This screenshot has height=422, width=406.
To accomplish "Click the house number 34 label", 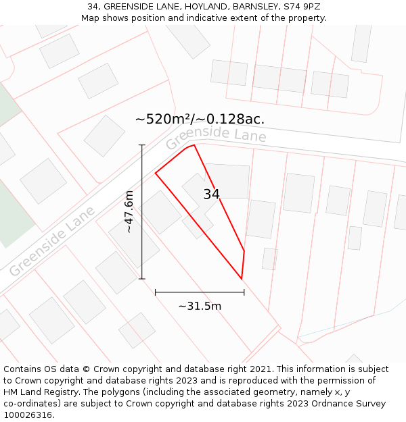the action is [211, 194].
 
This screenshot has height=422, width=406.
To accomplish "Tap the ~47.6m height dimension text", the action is [129, 212].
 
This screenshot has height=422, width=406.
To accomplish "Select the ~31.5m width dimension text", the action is [200, 306].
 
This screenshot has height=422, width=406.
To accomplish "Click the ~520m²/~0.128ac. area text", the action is [200, 120].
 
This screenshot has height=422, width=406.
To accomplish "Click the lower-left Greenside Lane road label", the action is [52, 241].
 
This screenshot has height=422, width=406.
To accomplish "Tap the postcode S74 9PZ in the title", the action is [302, 7].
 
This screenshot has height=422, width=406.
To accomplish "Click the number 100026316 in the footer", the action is [28, 415].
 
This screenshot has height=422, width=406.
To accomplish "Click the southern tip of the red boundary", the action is [242, 278].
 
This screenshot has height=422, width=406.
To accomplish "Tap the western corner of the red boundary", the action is [156, 174].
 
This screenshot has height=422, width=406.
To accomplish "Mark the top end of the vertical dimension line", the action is [142, 145].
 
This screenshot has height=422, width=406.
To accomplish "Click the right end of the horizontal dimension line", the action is [244, 292].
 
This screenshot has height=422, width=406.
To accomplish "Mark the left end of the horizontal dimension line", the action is [156, 292].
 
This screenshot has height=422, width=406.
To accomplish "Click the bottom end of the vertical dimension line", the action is [142, 278].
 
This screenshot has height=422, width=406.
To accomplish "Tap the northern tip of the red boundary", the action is [194, 144].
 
